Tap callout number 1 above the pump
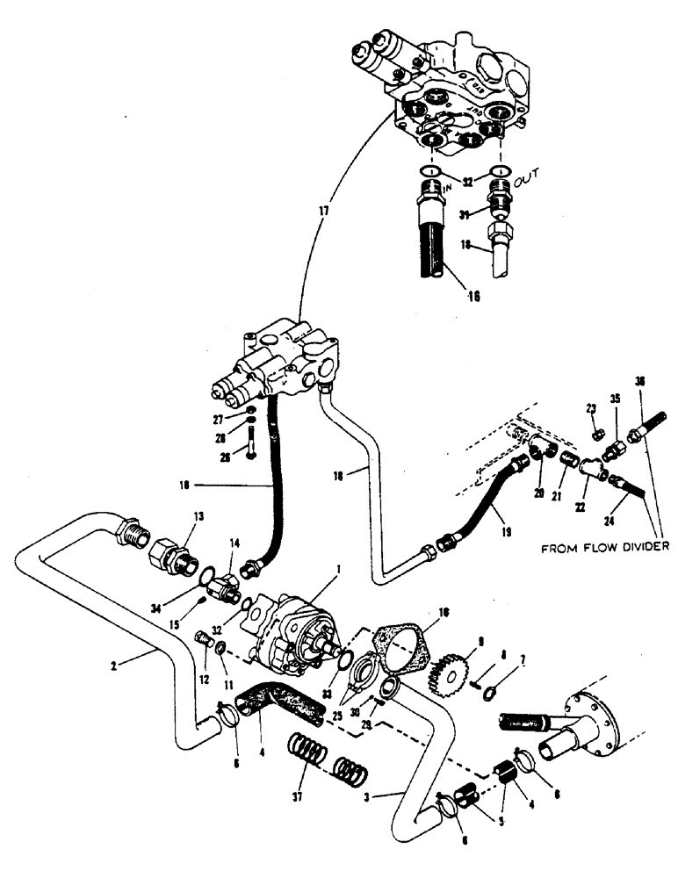click(335, 571)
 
